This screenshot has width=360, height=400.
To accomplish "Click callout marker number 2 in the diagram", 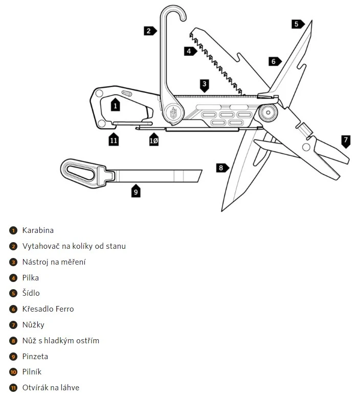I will [x=149, y=31].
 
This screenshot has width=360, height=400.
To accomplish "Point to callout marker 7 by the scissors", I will [x=346, y=140].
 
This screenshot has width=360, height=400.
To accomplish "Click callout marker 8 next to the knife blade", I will [x=221, y=167].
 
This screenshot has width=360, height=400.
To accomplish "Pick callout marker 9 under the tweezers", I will [x=136, y=191].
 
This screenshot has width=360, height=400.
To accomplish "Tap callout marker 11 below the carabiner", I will [x=114, y=139].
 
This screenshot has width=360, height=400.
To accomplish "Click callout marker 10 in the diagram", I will [x=154, y=139].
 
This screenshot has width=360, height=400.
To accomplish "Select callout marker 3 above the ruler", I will [x=205, y=84].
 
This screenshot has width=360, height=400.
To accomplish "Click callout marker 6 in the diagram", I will [x=274, y=61].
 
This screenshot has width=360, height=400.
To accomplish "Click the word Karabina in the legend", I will [x=38, y=230].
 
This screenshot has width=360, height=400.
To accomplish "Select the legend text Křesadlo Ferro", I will [x=48, y=309].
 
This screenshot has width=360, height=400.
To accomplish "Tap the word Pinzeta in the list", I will [x=35, y=357].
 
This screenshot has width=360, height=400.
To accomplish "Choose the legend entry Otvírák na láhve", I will [x=51, y=388].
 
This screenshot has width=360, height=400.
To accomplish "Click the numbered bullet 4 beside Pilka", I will [x=13, y=278].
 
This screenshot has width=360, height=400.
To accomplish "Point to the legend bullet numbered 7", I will [x=13, y=325].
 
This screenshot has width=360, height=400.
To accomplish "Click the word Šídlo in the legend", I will [x=31, y=293].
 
